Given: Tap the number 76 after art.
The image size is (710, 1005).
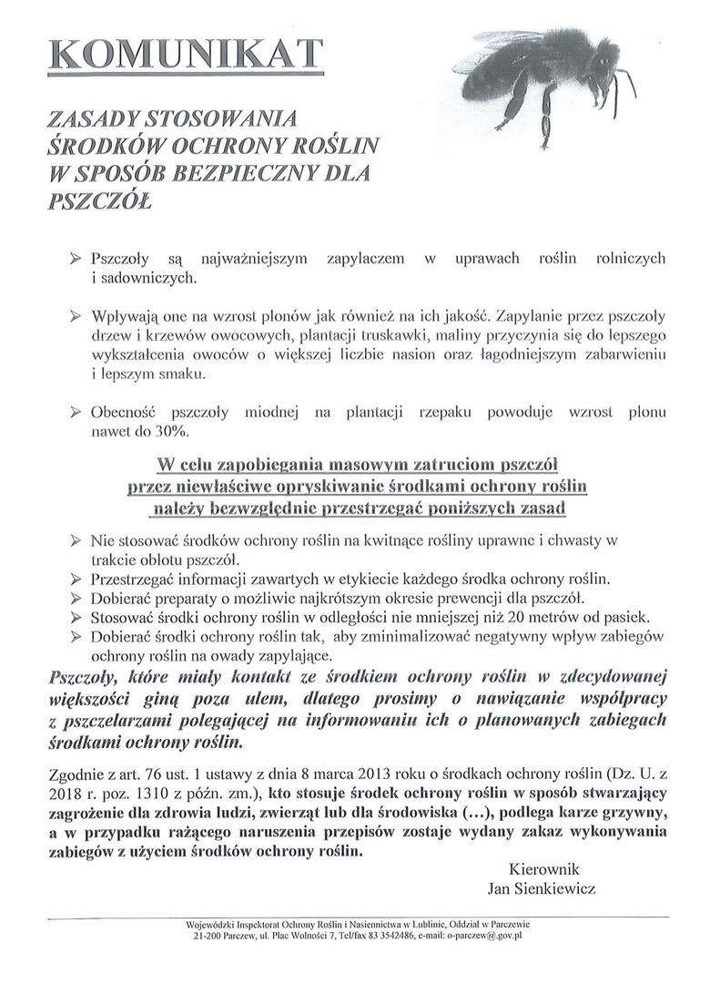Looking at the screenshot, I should [136, 774].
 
